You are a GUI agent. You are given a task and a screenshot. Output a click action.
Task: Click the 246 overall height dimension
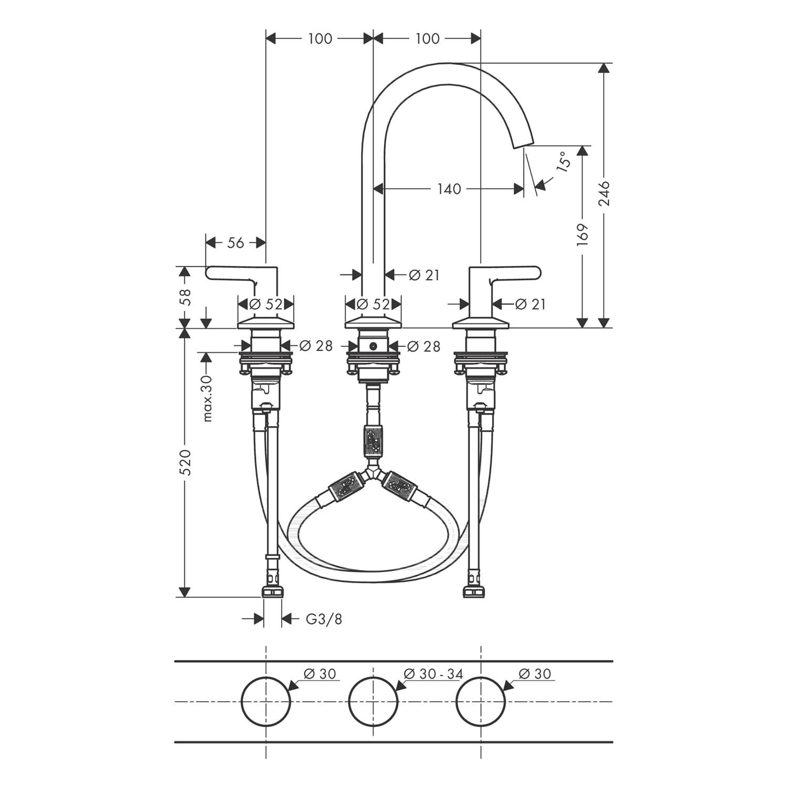[x=604, y=193]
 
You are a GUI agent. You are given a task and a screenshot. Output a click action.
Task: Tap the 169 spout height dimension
[x=582, y=235]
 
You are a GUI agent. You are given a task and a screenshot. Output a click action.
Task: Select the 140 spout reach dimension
[x=449, y=189]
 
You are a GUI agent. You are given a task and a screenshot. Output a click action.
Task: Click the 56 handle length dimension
[x=236, y=242]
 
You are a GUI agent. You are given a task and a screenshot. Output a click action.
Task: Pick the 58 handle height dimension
[x=184, y=297]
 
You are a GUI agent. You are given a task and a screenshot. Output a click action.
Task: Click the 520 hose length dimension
[x=184, y=462]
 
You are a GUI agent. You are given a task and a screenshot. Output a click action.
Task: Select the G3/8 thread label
[x=324, y=619]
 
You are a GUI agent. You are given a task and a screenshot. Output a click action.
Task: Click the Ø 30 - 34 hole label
[x=433, y=673]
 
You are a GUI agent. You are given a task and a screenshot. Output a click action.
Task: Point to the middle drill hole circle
[x=374, y=701]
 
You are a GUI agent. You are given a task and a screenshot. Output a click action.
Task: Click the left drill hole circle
[x=266, y=701]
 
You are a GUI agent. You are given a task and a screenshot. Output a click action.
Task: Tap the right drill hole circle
[x=481, y=701]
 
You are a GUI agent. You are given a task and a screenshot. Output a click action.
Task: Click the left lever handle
[x=242, y=273]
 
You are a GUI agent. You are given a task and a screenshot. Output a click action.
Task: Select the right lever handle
[x=504, y=273]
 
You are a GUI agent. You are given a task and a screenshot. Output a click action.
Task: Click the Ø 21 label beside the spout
[x=423, y=274]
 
